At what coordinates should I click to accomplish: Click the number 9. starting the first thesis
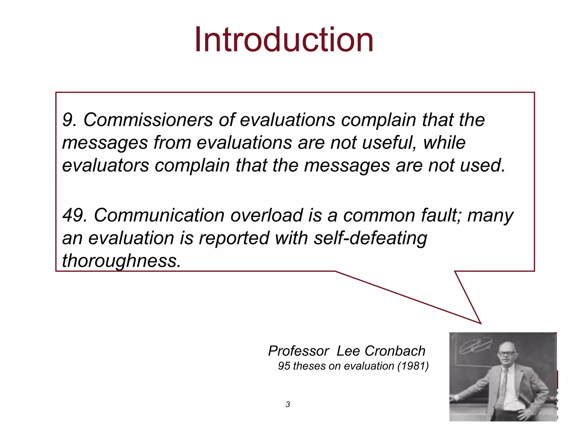(x=69, y=120)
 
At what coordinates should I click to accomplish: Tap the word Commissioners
(x=148, y=120)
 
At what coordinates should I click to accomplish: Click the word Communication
(x=159, y=215)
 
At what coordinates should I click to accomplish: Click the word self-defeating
(x=371, y=238)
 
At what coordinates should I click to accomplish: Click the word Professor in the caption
(x=298, y=351)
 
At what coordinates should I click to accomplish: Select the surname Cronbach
(x=395, y=351)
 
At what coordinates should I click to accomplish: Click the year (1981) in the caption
(x=413, y=366)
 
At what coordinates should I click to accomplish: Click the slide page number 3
(x=288, y=404)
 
